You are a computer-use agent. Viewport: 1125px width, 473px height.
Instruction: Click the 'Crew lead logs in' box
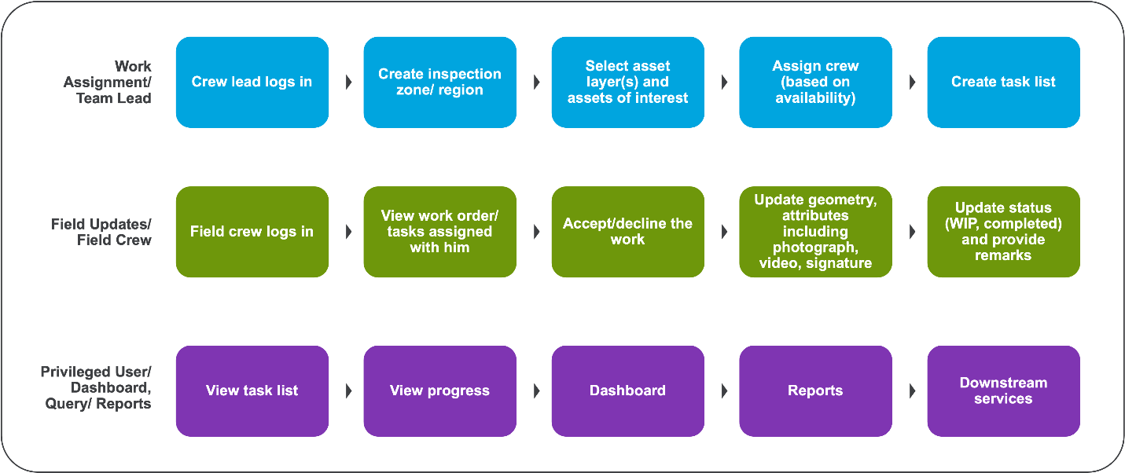pyautogui.click(x=252, y=82)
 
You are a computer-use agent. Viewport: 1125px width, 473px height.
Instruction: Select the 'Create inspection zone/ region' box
pyautogui.click(x=439, y=82)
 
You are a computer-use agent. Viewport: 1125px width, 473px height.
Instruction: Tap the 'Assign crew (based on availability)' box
pyautogui.click(x=815, y=82)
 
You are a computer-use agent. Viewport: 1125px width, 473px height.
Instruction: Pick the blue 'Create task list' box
pyautogui.click(x=1003, y=82)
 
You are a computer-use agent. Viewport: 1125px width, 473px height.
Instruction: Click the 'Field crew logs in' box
pyautogui.click(x=252, y=232)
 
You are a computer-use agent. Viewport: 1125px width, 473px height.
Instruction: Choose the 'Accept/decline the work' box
pyautogui.click(x=627, y=232)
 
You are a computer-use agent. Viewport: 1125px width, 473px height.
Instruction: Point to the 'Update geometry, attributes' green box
pyautogui.click(x=815, y=232)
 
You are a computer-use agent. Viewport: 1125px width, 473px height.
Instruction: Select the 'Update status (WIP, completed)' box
pyautogui.click(x=1003, y=232)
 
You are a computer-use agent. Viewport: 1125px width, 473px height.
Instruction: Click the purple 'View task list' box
pyautogui.click(x=252, y=390)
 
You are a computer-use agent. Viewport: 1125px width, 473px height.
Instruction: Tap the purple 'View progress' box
pyautogui.click(x=439, y=390)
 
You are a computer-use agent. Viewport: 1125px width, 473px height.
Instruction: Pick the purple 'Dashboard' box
pyautogui.click(x=627, y=390)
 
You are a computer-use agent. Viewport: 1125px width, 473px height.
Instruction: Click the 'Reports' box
pyautogui.click(x=815, y=390)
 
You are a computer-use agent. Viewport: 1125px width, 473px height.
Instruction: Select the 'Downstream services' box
pyautogui.click(x=1003, y=390)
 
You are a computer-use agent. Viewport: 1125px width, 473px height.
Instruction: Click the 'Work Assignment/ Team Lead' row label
pyautogui.click(x=114, y=82)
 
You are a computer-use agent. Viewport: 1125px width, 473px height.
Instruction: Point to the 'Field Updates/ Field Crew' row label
pyautogui.click(x=101, y=232)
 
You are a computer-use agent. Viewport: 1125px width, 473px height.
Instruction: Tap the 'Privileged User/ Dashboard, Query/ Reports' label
pyautogui.click(x=96, y=387)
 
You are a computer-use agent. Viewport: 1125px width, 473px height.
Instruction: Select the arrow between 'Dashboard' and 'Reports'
pyautogui.click(x=724, y=390)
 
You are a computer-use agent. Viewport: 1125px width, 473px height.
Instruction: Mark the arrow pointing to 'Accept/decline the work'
pyautogui.click(x=536, y=232)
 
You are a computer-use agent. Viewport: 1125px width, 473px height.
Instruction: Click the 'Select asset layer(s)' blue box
pyautogui.click(x=627, y=82)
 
